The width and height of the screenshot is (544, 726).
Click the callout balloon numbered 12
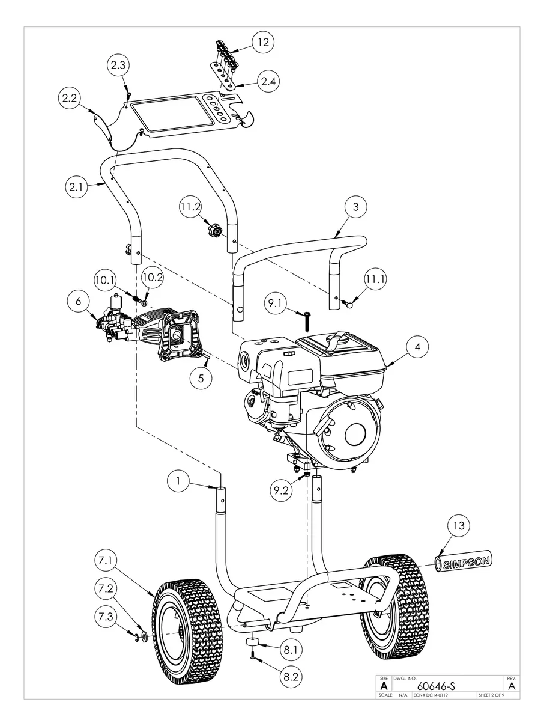[261, 42]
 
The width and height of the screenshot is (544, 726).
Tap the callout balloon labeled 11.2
[191, 207]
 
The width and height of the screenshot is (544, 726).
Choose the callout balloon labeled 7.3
[106, 617]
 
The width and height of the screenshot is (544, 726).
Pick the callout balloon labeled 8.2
[289, 676]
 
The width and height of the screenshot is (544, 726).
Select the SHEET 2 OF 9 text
[491, 695]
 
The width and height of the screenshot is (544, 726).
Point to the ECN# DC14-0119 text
[431, 695]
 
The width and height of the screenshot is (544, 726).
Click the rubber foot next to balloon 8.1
[253, 645]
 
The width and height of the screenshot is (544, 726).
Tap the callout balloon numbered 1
[178, 480]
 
